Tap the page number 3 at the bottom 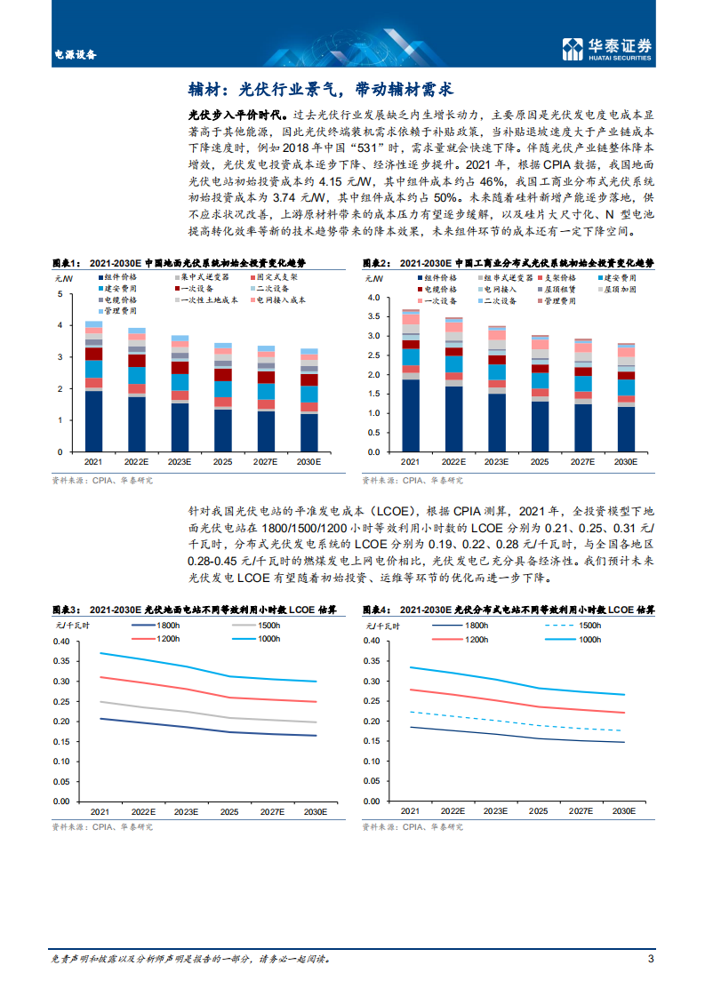(x=651, y=959)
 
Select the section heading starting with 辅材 (x=320, y=89)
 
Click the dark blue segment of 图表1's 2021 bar (x=93, y=421)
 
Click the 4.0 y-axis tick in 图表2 (x=373, y=297)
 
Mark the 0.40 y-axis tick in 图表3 (x=61, y=642)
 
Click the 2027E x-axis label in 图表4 (x=582, y=812)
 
